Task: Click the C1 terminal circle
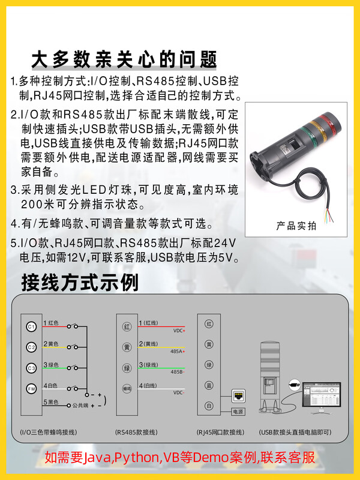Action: point(32,326)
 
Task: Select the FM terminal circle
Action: point(32,388)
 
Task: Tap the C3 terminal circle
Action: point(32,367)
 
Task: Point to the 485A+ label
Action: point(178,352)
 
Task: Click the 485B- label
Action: point(178,372)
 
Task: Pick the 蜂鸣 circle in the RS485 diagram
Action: point(127,388)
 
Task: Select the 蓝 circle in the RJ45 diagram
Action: point(209,385)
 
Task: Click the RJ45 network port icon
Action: point(239,395)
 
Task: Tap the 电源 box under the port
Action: point(238,412)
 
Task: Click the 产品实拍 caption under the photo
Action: point(295,226)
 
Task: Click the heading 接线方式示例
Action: point(80,281)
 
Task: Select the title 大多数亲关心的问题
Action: point(124,60)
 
